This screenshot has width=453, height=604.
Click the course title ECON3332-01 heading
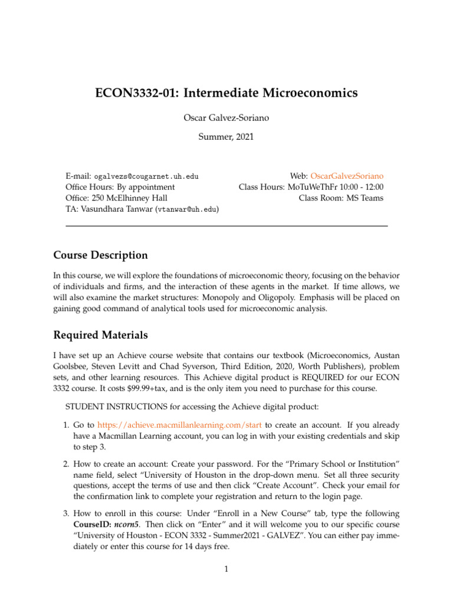point(226,93)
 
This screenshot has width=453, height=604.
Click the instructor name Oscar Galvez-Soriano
point(226,118)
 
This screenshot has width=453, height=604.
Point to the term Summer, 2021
point(226,137)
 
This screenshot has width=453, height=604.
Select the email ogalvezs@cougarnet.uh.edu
point(146,176)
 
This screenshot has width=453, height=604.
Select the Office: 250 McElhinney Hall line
point(116,198)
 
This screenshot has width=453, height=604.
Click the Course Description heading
point(100,255)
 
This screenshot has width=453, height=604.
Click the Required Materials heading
point(100,335)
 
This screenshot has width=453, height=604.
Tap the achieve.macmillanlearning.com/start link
point(179,425)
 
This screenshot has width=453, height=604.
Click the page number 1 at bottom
point(226,569)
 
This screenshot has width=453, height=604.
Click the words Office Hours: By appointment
point(120,187)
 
